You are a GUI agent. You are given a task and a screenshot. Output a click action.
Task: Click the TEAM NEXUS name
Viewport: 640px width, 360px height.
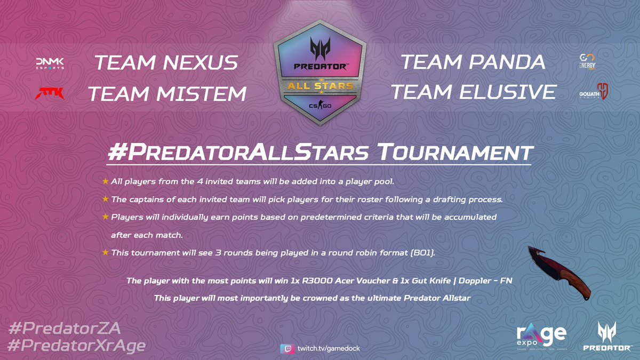165,63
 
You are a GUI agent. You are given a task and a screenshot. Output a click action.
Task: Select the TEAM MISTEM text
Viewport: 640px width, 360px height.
167,94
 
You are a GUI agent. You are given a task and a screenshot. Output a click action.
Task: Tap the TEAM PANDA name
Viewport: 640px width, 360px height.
473,62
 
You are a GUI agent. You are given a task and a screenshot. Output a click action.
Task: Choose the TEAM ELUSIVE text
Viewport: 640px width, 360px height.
473,92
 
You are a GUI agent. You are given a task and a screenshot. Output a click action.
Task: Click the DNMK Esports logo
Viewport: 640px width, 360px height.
49,63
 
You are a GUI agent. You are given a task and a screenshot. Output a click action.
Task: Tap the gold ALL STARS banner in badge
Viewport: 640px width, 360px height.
319,85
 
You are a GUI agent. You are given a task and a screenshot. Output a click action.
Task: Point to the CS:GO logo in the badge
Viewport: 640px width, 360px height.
319,106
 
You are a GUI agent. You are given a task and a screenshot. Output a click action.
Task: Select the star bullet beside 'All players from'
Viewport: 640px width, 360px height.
105,182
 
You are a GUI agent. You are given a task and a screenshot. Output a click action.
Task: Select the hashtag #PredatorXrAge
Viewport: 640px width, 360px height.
77,346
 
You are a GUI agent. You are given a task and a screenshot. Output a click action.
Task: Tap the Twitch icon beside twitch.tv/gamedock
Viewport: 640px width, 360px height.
285,348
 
